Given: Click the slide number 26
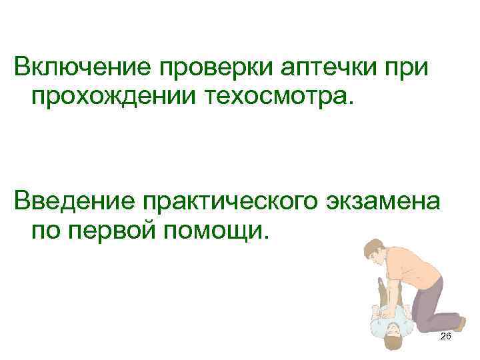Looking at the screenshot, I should pyautogui.click(x=445, y=337).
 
